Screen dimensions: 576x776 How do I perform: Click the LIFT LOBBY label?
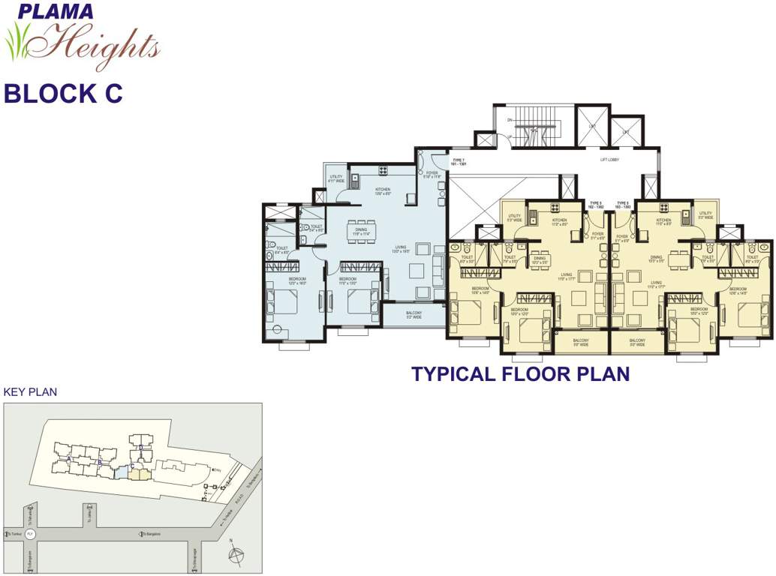(x=609, y=160)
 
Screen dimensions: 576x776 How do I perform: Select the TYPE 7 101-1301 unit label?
(x=459, y=163)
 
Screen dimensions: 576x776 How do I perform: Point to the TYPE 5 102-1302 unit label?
(x=596, y=205)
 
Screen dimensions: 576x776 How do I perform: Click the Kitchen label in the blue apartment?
(x=383, y=191)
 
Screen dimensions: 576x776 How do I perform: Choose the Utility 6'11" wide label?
(x=335, y=178)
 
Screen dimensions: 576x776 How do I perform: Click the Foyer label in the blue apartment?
(x=432, y=175)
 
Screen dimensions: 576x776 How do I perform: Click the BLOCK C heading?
(x=62, y=94)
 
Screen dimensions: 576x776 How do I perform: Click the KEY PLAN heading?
(x=30, y=391)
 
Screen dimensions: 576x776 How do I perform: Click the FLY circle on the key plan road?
(x=31, y=533)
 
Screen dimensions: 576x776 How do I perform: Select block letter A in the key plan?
(x=69, y=458)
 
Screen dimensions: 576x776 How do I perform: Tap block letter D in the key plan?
(x=140, y=446)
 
